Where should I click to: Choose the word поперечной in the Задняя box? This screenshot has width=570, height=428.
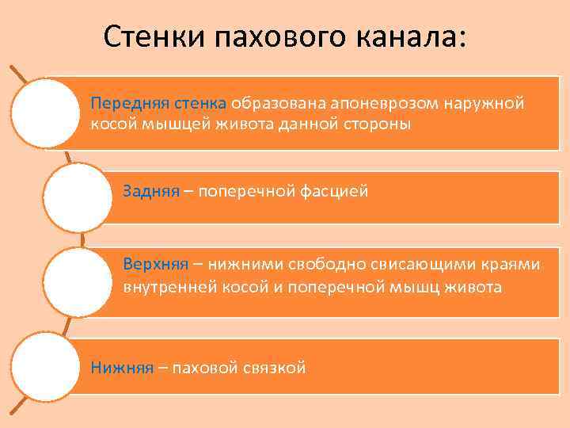(245, 191)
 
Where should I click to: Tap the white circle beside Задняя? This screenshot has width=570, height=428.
(78, 198)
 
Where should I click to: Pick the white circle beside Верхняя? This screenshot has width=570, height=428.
(78, 282)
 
